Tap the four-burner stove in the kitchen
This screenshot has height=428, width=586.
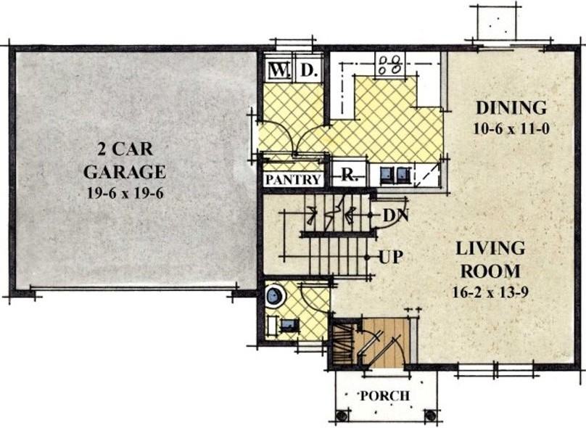click(x=390, y=65)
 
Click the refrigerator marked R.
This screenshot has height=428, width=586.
click(x=349, y=175)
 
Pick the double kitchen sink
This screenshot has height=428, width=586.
click(x=395, y=175)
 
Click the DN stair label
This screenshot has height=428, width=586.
click(x=396, y=215)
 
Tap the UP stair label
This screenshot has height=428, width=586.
click(x=392, y=258)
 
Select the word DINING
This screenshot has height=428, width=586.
click(x=511, y=107)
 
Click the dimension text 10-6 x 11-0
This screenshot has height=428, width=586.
click(x=511, y=129)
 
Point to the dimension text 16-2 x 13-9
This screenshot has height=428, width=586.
click(x=490, y=292)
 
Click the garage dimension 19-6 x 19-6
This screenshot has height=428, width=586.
click(x=125, y=193)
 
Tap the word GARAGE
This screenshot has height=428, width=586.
click(x=125, y=172)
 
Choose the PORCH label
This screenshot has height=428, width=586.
click(x=384, y=396)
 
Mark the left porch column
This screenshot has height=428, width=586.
click(x=340, y=415)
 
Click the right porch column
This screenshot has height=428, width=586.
click(x=430, y=415)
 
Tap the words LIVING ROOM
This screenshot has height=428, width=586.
click(x=490, y=260)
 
